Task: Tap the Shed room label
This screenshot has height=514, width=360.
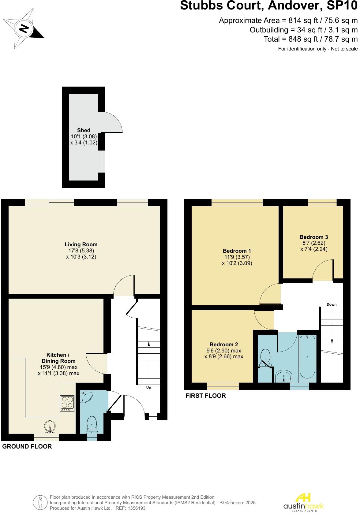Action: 84,131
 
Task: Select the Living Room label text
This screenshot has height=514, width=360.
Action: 81,245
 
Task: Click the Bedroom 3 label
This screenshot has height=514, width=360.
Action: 314,237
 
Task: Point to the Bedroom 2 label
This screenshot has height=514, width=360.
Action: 224,345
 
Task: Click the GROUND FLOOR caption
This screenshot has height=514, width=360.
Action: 27,447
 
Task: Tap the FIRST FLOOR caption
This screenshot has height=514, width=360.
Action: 206,396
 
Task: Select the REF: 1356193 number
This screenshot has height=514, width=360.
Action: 130,508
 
